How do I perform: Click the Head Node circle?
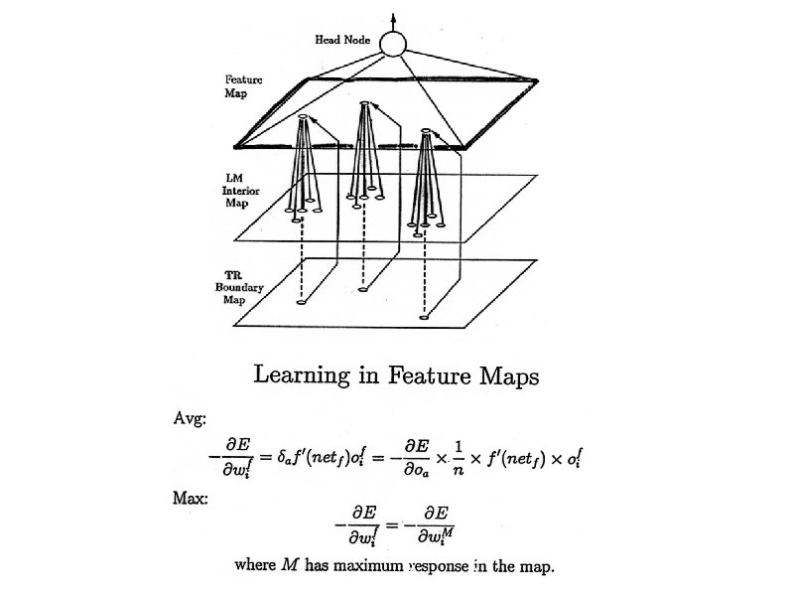click(x=394, y=44)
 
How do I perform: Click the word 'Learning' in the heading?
click(x=302, y=375)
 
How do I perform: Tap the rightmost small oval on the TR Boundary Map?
click(x=425, y=317)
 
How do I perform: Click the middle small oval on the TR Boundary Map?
click(x=363, y=291)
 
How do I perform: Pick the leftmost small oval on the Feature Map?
click(x=302, y=119)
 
